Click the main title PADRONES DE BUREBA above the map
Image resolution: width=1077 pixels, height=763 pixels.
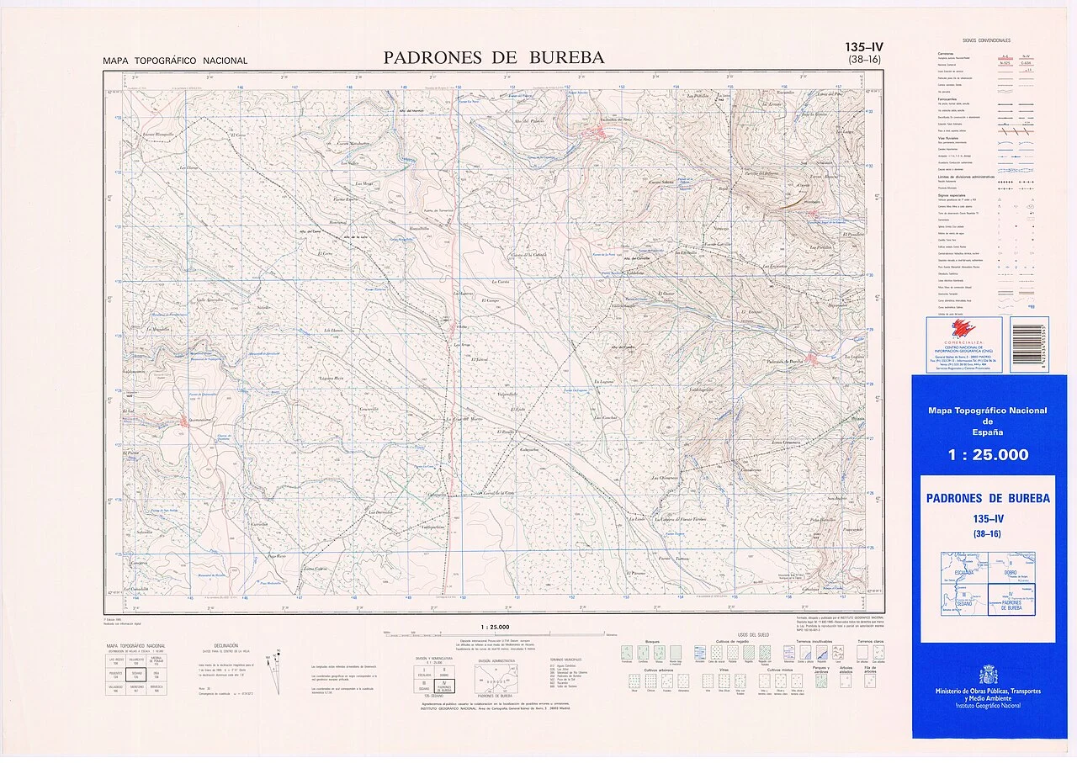[x=494, y=58]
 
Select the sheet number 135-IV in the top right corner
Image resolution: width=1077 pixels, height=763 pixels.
[x=870, y=48]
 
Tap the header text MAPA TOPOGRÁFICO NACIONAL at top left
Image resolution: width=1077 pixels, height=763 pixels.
[x=175, y=61]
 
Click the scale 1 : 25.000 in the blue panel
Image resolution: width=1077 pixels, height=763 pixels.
[x=988, y=455]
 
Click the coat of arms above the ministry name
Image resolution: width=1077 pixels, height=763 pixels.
[x=988, y=675]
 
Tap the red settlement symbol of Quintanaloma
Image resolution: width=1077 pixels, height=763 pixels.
[x=184, y=420]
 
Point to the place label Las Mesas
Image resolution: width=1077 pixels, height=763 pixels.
[x=363, y=183]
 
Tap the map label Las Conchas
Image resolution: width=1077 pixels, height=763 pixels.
[x=606, y=418]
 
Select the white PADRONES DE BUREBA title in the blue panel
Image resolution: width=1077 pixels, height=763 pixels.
[x=988, y=499]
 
